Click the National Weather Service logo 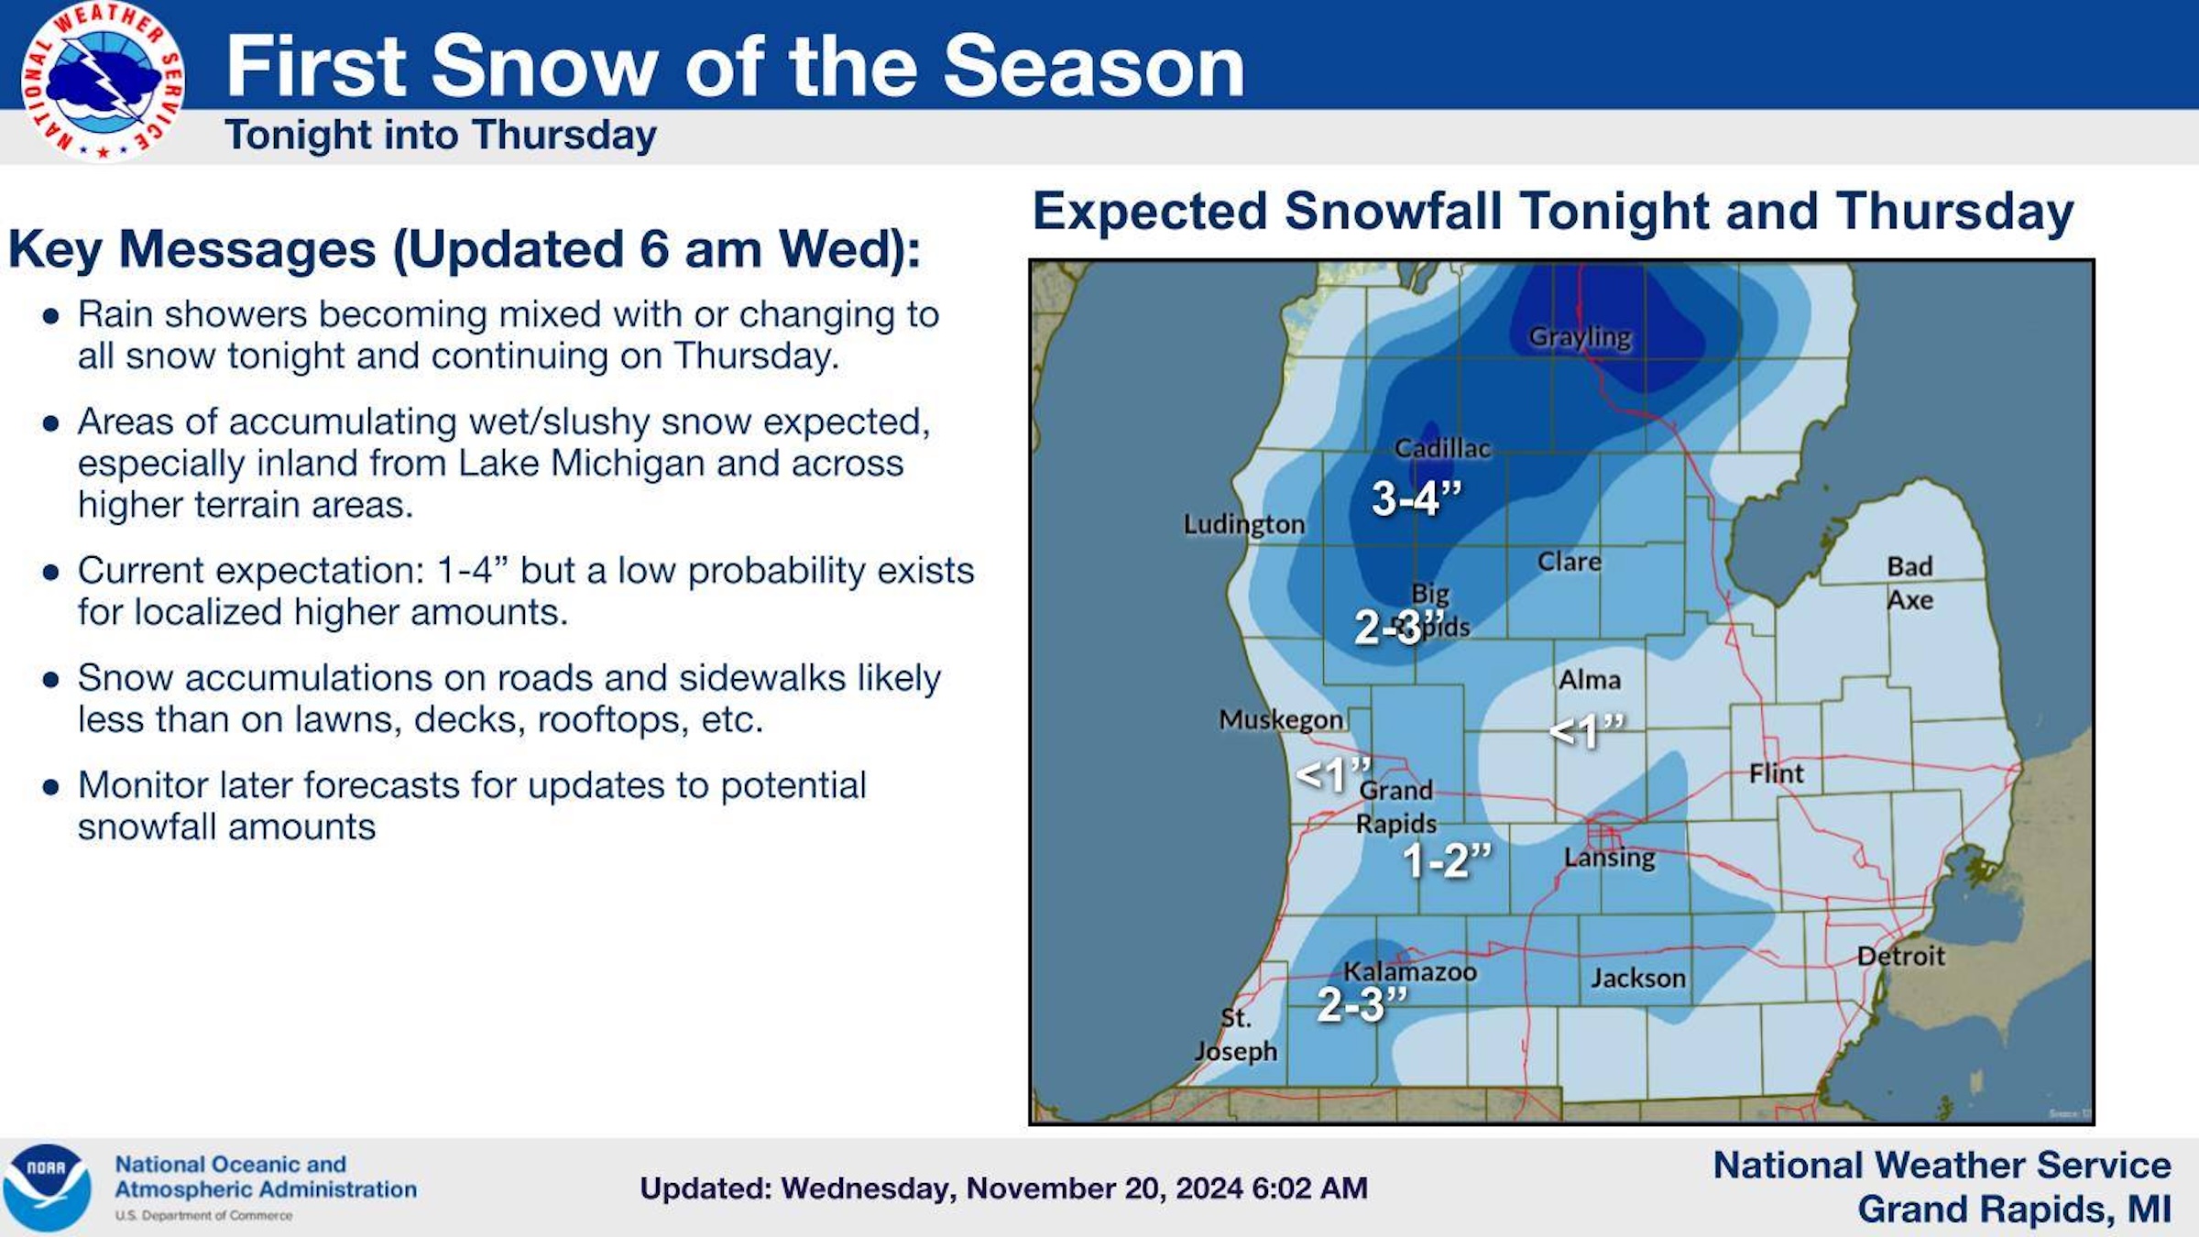pyautogui.click(x=103, y=81)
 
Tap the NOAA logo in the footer pyautogui.click(x=48, y=1188)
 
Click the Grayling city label pyautogui.click(x=1580, y=337)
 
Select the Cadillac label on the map pyautogui.click(x=1442, y=448)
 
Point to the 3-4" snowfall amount pyautogui.click(x=1416, y=498)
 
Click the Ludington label pyautogui.click(x=1243, y=524)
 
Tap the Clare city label pyautogui.click(x=1569, y=562)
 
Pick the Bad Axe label pyautogui.click(x=1909, y=583)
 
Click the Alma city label pyautogui.click(x=1590, y=680)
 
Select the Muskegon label pyautogui.click(x=1280, y=720)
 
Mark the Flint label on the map pyautogui.click(x=1776, y=774)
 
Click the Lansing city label pyautogui.click(x=1609, y=858)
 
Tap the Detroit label pyautogui.click(x=1900, y=957)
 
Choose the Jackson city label pyautogui.click(x=1638, y=979)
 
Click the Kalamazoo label pyautogui.click(x=1409, y=972)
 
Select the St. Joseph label pyautogui.click(x=1235, y=1034)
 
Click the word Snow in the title pyautogui.click(x=544, y=66)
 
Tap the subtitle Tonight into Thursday pyautogui.click(x=441, y=136)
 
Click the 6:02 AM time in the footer pyautogui.click(x=1309, y=1188)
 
